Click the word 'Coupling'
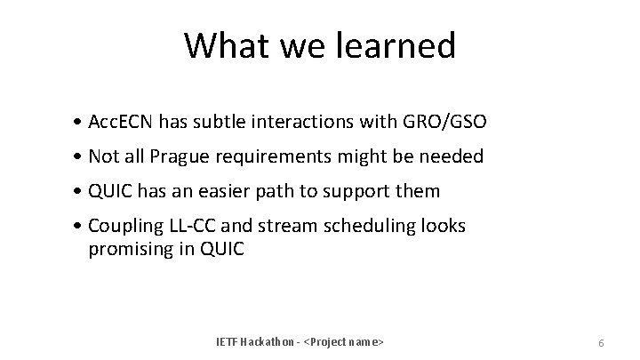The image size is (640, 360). point(124,226)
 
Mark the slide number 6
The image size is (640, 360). point(602,342)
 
